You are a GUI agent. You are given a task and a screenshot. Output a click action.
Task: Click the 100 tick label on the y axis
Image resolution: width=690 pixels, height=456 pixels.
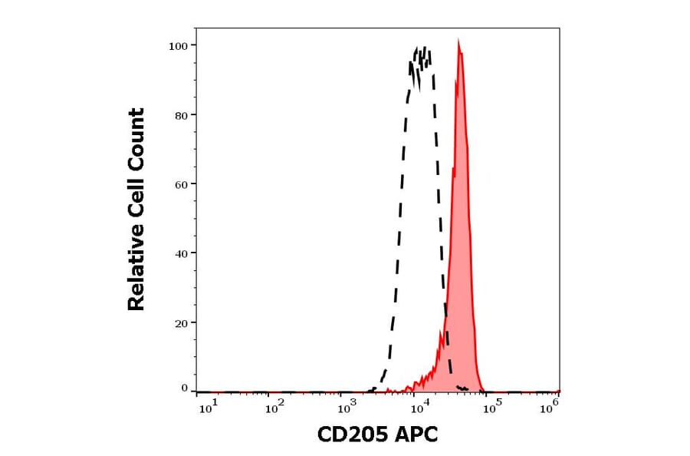coord(178,46)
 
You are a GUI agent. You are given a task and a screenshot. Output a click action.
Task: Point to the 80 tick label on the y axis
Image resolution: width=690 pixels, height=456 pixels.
coord(181,115)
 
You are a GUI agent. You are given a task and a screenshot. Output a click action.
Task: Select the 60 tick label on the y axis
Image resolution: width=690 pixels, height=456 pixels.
coord(181,184)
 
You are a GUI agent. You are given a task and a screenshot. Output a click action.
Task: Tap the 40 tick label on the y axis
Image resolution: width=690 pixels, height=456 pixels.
coord(181,253)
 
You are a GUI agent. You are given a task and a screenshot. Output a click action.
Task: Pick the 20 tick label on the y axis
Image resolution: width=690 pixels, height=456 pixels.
coord(181,323)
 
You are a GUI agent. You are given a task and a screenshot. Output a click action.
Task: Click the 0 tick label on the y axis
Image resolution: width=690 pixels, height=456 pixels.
coord(184,388)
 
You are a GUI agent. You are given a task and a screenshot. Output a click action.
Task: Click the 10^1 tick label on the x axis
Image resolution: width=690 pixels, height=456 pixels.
coord(209,408)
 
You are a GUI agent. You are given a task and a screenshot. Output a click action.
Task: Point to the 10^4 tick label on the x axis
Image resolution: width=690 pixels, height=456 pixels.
coord(419,408)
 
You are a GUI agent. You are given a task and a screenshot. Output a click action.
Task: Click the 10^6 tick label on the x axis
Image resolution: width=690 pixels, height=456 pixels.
coord(550,408)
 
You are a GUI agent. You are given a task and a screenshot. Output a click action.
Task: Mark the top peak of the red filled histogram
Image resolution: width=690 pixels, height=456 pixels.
coord(458,41)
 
